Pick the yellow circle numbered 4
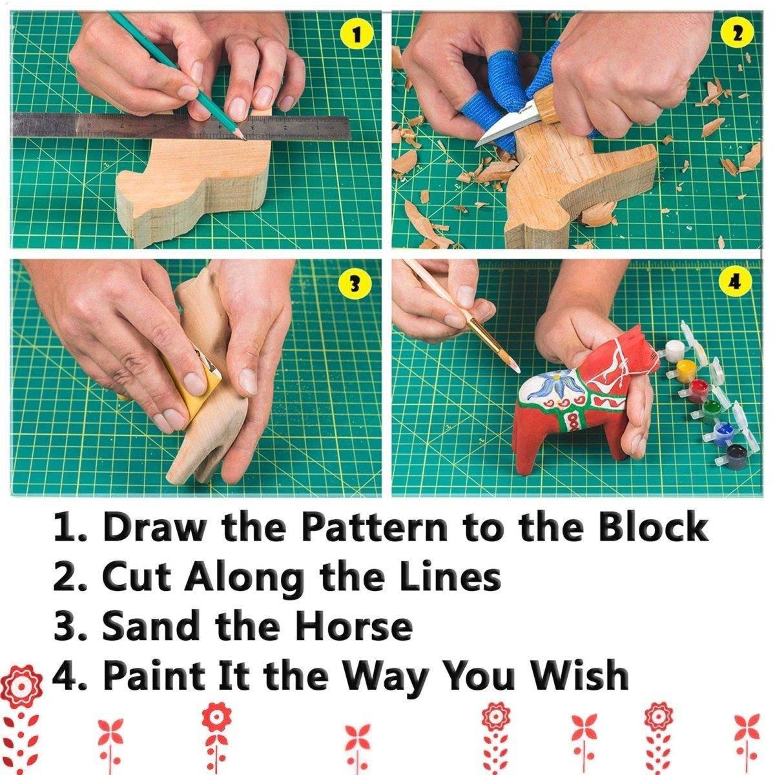pyautogui.click(x=733, y=282)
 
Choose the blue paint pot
pyautogui.click(x=723, y=429)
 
